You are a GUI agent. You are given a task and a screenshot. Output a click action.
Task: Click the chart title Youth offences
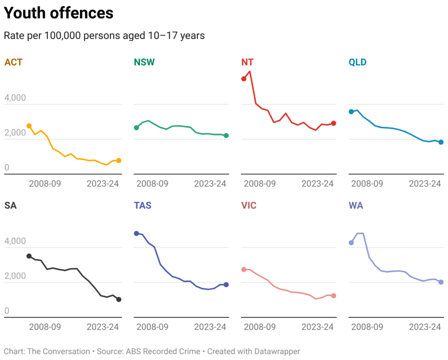coord(59,13)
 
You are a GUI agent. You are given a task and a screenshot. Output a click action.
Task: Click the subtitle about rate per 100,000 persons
coord(104,35)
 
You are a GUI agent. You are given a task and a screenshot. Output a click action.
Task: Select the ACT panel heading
coord(13,62)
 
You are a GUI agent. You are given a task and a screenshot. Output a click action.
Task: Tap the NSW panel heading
coord(144,62)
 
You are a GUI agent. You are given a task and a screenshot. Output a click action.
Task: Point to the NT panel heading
coord(247,62)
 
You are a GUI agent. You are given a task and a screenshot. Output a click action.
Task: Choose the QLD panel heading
coord(357,62)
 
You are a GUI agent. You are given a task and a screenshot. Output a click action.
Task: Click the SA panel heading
coord(10,205)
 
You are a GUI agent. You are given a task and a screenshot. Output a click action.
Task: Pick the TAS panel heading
coord(143,205)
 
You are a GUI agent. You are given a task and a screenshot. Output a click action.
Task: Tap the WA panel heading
coord(356,205)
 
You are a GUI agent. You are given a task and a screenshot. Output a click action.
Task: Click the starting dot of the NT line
coord(244,79)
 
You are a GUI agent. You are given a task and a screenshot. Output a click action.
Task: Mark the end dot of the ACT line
coord(119,161)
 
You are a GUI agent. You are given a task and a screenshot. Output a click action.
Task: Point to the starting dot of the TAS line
coord(136,234)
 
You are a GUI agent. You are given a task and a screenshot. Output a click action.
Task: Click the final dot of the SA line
coord(119,299)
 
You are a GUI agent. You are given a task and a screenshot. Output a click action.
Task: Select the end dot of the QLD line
coord(441,142)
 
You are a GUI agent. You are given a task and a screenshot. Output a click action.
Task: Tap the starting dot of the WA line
coord(351,243)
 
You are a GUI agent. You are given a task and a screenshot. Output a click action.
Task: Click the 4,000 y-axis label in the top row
coord(15,98)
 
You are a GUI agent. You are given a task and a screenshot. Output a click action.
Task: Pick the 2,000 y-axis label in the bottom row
coord(15,276)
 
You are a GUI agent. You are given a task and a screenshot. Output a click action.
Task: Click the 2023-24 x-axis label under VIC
coord(317,327)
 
